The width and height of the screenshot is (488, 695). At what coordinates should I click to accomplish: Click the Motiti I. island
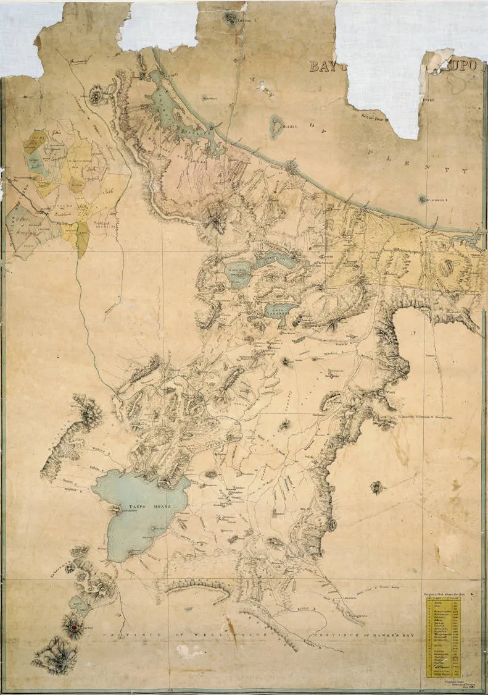(276, 127)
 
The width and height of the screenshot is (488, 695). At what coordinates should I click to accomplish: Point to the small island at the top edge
(234, 18)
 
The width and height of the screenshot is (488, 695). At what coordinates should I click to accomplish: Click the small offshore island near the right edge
(423, 200)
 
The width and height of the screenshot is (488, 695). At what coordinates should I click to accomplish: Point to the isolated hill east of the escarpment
(376, 487)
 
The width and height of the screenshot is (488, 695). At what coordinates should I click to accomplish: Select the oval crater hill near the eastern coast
(445, 269)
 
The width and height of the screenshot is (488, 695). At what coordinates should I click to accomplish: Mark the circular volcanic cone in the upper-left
(97, 96)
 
